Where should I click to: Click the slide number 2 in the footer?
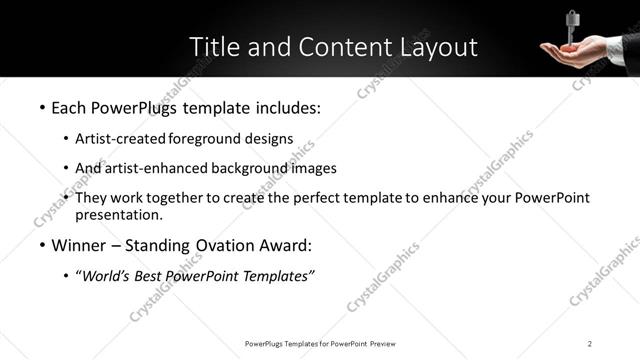click(x=590, y=344)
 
